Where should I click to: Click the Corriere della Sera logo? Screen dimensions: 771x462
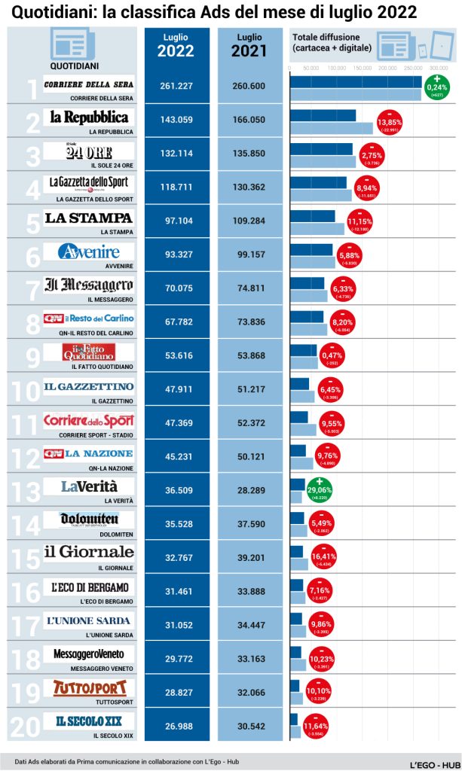(89, 84)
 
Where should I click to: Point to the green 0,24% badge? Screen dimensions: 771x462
(436, 87)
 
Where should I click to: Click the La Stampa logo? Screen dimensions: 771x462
(89, 218)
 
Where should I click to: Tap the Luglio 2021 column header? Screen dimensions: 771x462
(249, 45)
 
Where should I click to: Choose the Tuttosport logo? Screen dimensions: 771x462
(89, 687)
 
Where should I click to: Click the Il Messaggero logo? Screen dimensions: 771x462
(89, 285)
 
